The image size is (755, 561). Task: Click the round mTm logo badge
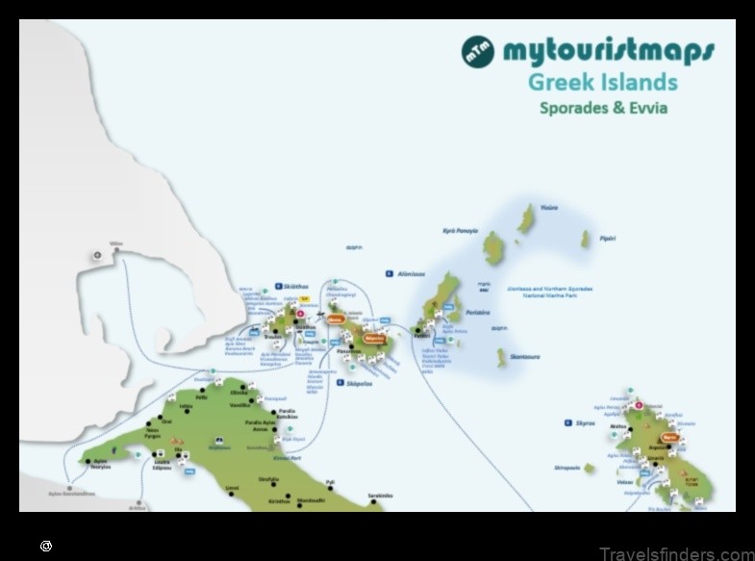pos(478,51)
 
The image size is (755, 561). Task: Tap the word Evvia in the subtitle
pos(642,108)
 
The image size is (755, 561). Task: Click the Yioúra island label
pos(548,207)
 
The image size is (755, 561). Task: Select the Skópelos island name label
pos(359,382)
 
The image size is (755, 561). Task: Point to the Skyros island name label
pos(587,422)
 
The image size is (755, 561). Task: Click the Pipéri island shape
pos(585,240)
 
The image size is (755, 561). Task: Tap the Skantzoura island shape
pos(501,358)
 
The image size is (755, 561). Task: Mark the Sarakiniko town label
pos(380,496)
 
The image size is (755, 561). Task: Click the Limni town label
pos(232,488)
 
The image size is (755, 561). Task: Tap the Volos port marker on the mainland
pos(117,251)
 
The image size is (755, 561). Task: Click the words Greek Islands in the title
pos(602,82)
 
